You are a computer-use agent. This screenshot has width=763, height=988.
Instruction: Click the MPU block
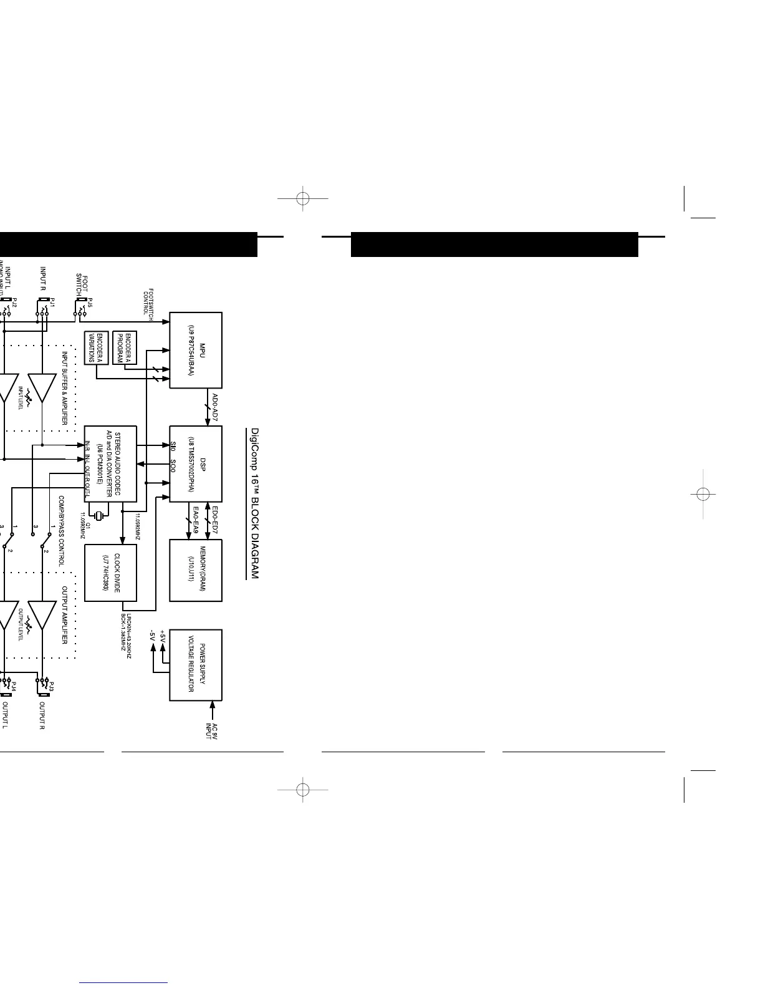pyautogui.click(x=196, y=350)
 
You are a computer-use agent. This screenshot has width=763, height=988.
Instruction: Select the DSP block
pyautogui.click(x=196, y=464)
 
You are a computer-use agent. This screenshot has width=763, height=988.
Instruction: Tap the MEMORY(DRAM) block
pyautogui.click(x=196, y=570)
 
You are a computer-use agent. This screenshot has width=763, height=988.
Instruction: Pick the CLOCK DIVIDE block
pyautogui.click(x=110, y=573)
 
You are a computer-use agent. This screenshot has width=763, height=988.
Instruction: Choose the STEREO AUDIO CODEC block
pyautogui.click(x=110, y=464)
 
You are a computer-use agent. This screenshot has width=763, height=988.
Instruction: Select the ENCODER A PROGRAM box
pyautogui.click(x=125, y=348)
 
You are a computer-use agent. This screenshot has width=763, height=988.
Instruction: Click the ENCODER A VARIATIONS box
pyautogui.click(x=96, y=348)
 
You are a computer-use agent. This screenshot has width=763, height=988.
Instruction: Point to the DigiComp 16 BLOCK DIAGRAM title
pyautogui.click(x=254, y=503)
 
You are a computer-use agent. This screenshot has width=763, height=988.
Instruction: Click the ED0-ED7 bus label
pyautogui.click(x=214, y=519)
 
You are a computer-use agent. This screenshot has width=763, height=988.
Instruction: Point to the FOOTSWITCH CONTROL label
pyautogui.click(x=148, y=302)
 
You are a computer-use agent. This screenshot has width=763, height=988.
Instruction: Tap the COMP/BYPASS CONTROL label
pyautogui.click(x=62, y=531)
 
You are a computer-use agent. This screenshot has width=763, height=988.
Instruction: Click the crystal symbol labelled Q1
pyautogui.click(x=98, y=515)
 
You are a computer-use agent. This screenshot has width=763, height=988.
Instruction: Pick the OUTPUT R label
pyautogui.click(x=42, y=715)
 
